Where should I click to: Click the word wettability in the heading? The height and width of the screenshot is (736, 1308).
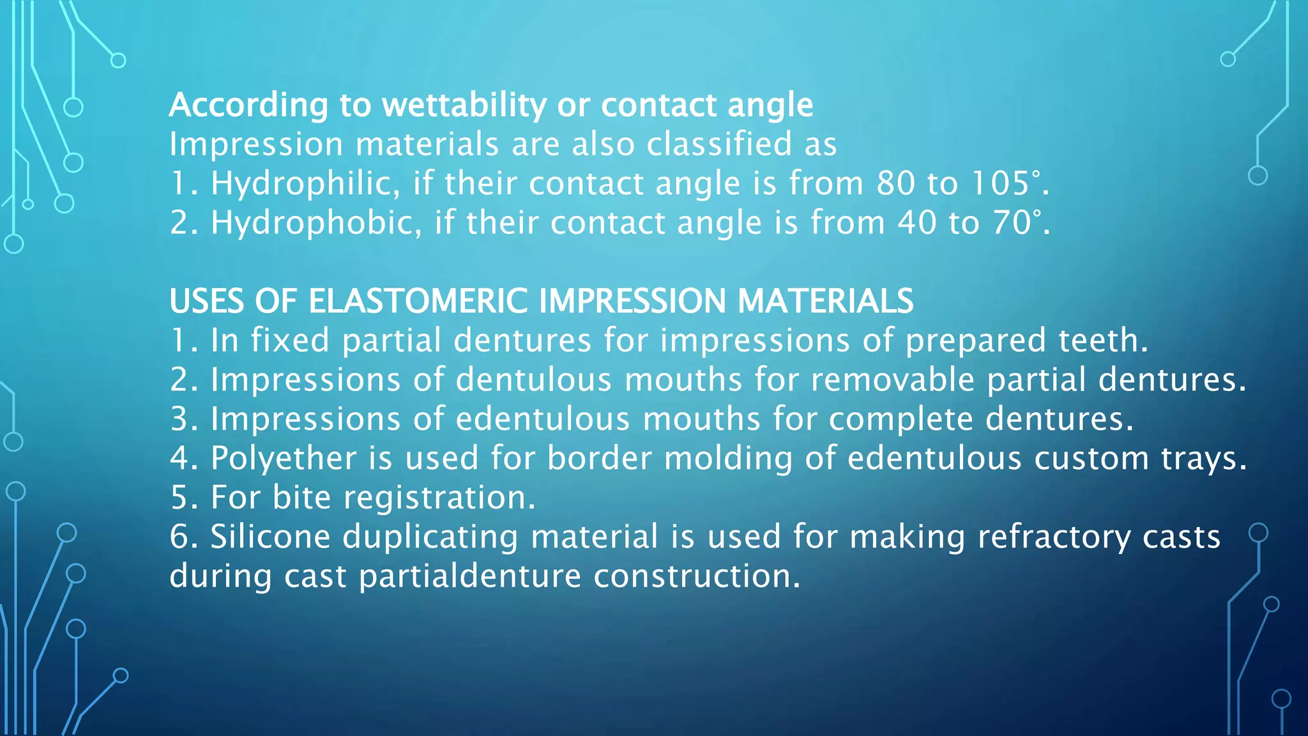(464, 105)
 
